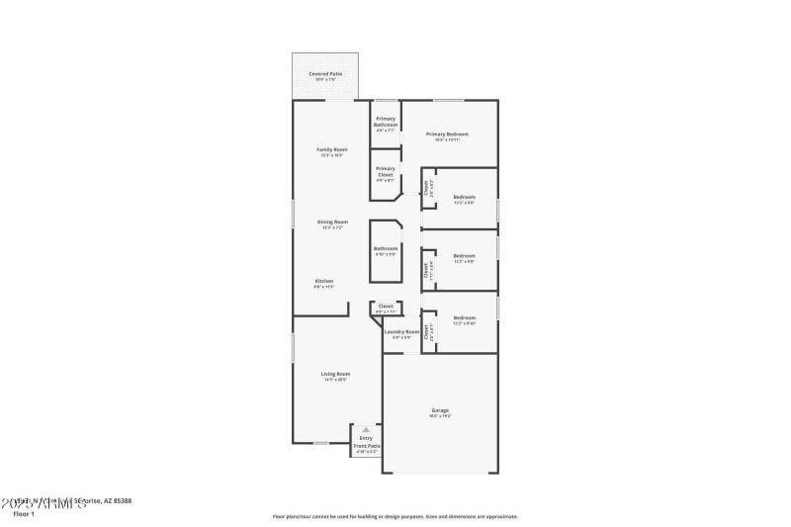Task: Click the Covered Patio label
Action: (324, 73)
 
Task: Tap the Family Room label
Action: (331, 149)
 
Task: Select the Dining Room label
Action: (331, 221)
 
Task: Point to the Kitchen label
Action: (324, 281)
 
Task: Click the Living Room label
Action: (335, 374)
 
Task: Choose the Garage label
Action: (440, 409)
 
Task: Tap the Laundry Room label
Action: (401, 331)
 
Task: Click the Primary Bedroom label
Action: (447, 133)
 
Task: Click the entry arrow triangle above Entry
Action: (366, 429)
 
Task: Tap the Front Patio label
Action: (366, 446)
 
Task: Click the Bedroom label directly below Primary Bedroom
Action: (464, 197)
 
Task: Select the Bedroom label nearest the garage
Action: (464, 317)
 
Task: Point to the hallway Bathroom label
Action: (386, 248)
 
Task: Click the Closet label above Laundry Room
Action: (386, 306)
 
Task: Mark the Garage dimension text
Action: (440, 415)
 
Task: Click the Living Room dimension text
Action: (335, 380)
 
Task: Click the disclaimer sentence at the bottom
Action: (395, 516)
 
